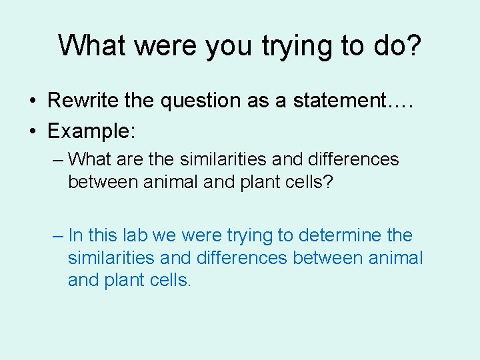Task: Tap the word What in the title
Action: coord(95,45)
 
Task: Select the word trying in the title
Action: coord(297,45)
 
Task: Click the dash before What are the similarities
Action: coord(58,160)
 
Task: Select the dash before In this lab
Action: coord(58,236)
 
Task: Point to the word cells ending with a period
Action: coord(169,281)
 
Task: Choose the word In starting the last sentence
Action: coord(75,235)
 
